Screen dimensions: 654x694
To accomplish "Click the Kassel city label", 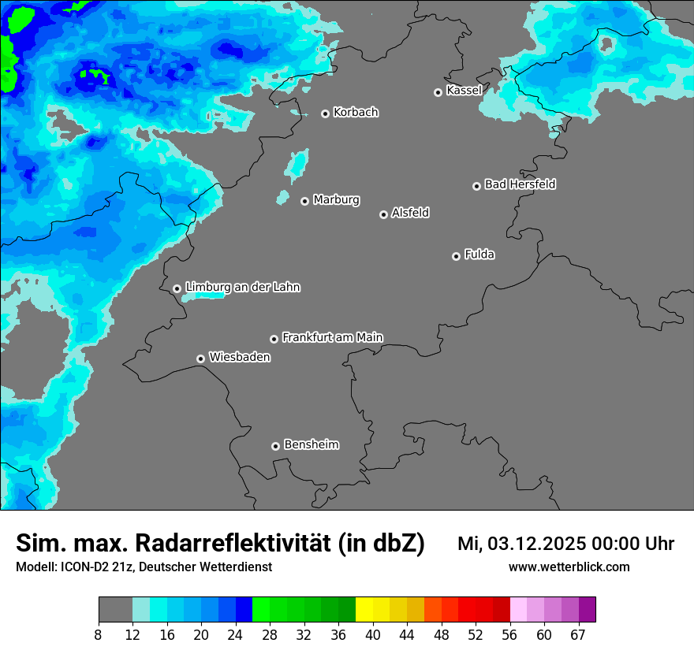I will point(464,91).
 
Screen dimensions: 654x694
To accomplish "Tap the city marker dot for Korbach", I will point(325,113).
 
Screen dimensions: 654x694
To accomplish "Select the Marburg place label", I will point(336,200).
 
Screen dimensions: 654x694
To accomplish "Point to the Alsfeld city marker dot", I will point(383,214).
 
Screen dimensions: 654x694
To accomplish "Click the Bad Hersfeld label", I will point(520,184).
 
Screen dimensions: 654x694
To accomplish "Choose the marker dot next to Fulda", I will point(456,256).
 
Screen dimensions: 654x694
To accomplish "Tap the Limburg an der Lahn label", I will point(242,288).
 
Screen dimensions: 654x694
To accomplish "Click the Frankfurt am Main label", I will point(332,337).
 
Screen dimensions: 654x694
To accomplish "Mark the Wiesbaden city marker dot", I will point(200,359).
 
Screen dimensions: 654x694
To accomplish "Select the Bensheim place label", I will point(311,444).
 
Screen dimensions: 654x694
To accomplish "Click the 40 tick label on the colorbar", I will point(373,635).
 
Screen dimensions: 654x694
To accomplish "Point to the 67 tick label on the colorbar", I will point(578,635).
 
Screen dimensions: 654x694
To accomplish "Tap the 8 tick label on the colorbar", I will point(99,635).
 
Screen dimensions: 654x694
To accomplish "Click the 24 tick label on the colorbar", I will point(236,635).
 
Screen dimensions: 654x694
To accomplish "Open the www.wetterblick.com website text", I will point(569,567).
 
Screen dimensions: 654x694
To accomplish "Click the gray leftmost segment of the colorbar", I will point(115,610).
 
